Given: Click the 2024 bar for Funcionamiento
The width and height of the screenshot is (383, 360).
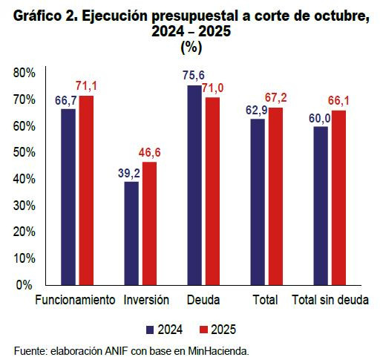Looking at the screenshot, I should [x=68, y=196].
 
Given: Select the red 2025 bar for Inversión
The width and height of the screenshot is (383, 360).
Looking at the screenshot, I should [x=149, y=223].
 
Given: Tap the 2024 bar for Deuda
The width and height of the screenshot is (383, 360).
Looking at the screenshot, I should [x=194, y=185].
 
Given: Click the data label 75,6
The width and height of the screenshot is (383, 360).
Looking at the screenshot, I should [x=193, y=76].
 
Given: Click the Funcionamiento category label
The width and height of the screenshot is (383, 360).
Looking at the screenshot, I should [x=76, y=301].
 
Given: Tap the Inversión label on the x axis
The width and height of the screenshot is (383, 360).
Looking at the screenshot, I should [x=147, y=301].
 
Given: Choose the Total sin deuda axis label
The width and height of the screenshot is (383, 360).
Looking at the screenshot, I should [x=330, y=301].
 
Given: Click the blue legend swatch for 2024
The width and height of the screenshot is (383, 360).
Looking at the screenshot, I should [x=151, y=329].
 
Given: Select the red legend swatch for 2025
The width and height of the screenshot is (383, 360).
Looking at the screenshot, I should [x=204, y=329].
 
